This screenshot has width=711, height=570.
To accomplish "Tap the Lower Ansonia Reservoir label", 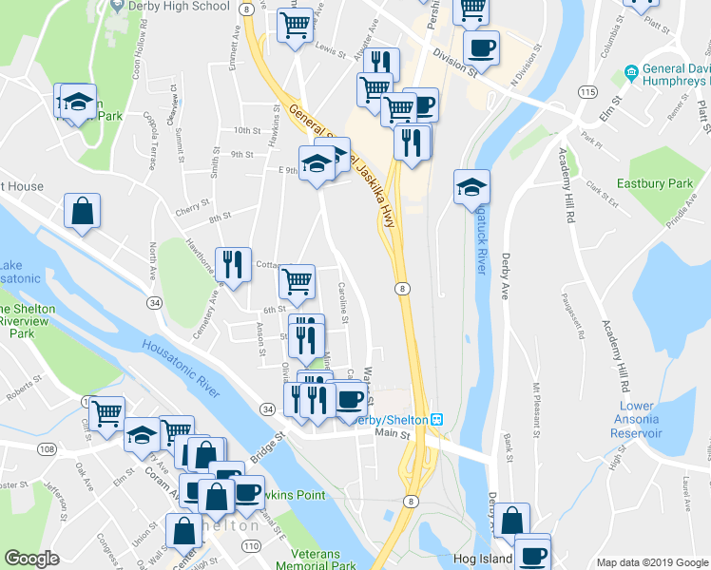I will point(637,420).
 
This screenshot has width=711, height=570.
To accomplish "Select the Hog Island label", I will point(484,559).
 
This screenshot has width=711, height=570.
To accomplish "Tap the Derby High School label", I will point(180,6).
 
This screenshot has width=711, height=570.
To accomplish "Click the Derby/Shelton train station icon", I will point(437,420).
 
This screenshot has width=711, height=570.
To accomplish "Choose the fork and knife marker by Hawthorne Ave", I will point(233,263).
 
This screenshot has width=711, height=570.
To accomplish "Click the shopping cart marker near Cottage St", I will point(298,281).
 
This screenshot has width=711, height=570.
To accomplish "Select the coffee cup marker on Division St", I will point(481,47).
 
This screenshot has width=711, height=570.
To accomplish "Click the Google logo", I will point(31,559).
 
